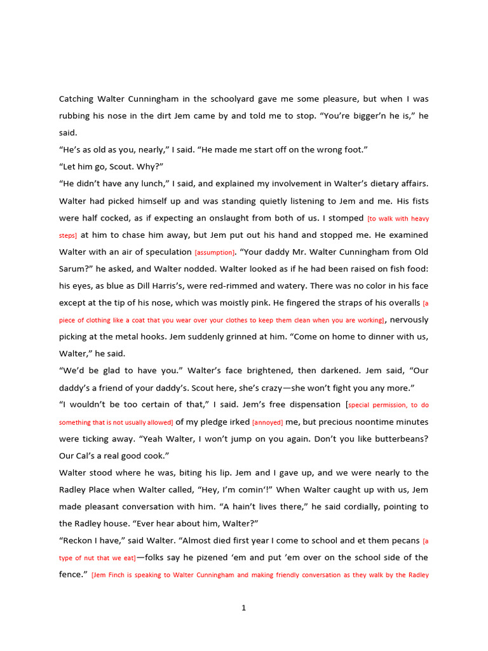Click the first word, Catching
point(76,99)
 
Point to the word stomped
point(346,218)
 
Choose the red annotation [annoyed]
point(268,422)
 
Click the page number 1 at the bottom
point(243,608)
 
